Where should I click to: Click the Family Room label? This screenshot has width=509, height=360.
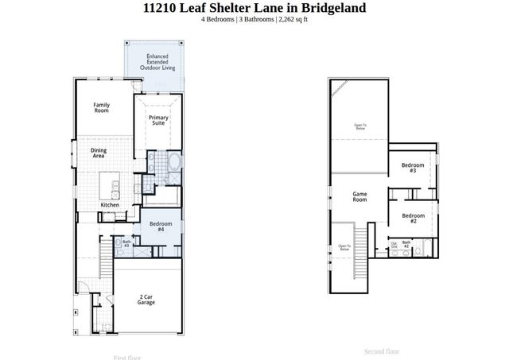coord(101,108)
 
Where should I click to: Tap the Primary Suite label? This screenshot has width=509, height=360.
coord(158,121)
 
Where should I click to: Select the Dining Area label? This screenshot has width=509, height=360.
coord(99,153)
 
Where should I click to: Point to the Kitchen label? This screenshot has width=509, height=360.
coord(110,205)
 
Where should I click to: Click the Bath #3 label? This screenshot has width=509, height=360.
coord(126,243)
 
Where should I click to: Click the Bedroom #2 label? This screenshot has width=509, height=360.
coord(413,218)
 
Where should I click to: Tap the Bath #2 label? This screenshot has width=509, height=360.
coord(406,244)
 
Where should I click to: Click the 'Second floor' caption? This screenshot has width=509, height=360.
coord(382,350)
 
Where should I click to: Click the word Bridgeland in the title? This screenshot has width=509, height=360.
coord(332,8)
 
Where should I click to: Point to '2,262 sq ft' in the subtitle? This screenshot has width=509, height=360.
coord(291,20)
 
